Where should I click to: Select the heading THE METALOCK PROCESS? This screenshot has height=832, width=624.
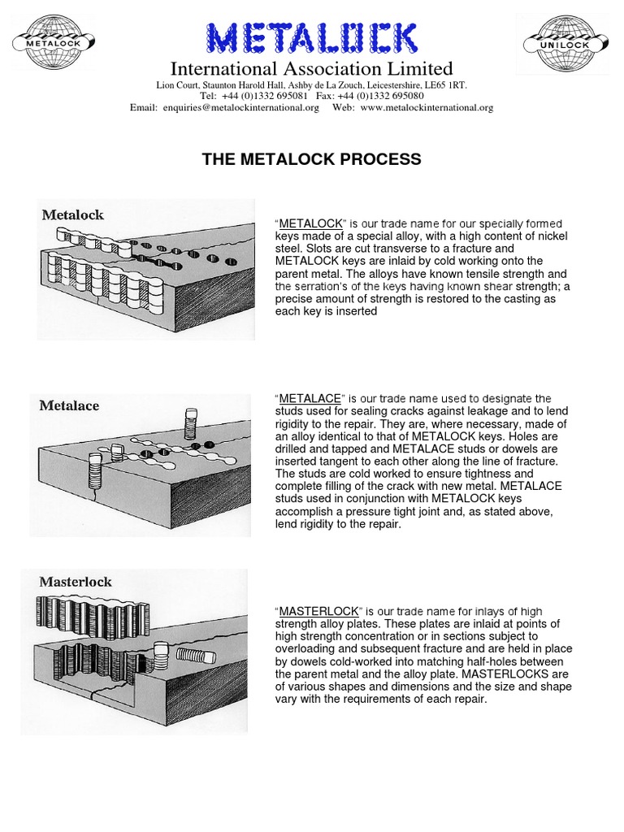tap(311, 159)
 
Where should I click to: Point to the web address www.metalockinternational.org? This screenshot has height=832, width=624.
tap(427, 107)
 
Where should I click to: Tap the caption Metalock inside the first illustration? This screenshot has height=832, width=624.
tap(73, 215)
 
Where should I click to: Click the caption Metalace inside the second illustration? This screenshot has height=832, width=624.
tap(70, 405)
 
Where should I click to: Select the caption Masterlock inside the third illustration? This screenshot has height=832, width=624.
tap(76, 582)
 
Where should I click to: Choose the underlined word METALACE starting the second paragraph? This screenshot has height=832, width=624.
tap(310, 398)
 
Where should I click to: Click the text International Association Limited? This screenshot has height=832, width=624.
tap(311, 68)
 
